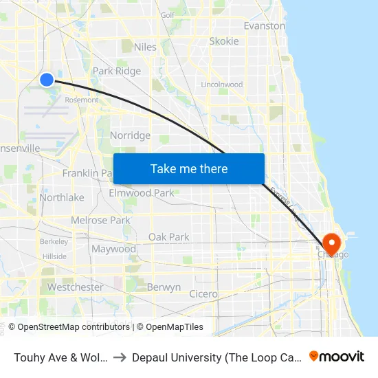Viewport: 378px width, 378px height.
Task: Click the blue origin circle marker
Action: (x=47, y=80)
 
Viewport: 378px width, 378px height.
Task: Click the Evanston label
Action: (x=265, y=25)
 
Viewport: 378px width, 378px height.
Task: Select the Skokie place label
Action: (x=224, y=41)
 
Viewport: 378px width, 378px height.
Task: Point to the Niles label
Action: (x=146, y=47)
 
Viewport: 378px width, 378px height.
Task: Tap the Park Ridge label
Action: (x=117, y=71)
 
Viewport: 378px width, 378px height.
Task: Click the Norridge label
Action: (x=130, y=135)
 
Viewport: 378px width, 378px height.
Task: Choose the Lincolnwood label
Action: (x=222, y=85)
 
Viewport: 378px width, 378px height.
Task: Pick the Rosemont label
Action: (x=81, y=100)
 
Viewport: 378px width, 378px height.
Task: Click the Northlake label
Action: (x=62, y=197)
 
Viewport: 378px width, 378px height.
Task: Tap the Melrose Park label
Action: (x=100, y=221)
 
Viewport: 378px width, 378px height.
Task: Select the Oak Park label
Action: (x=169, y=237)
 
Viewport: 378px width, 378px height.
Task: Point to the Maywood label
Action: (x=114, y=249)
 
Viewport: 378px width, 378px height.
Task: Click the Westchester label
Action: (x=76, y=287)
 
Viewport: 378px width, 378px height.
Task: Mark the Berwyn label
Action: (x=164, y=287)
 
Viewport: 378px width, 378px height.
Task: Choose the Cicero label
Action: (x=203, y=294)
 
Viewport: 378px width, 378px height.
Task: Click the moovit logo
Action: (x=337, y=356)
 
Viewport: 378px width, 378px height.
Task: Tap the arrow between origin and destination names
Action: (x=120, y=357)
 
